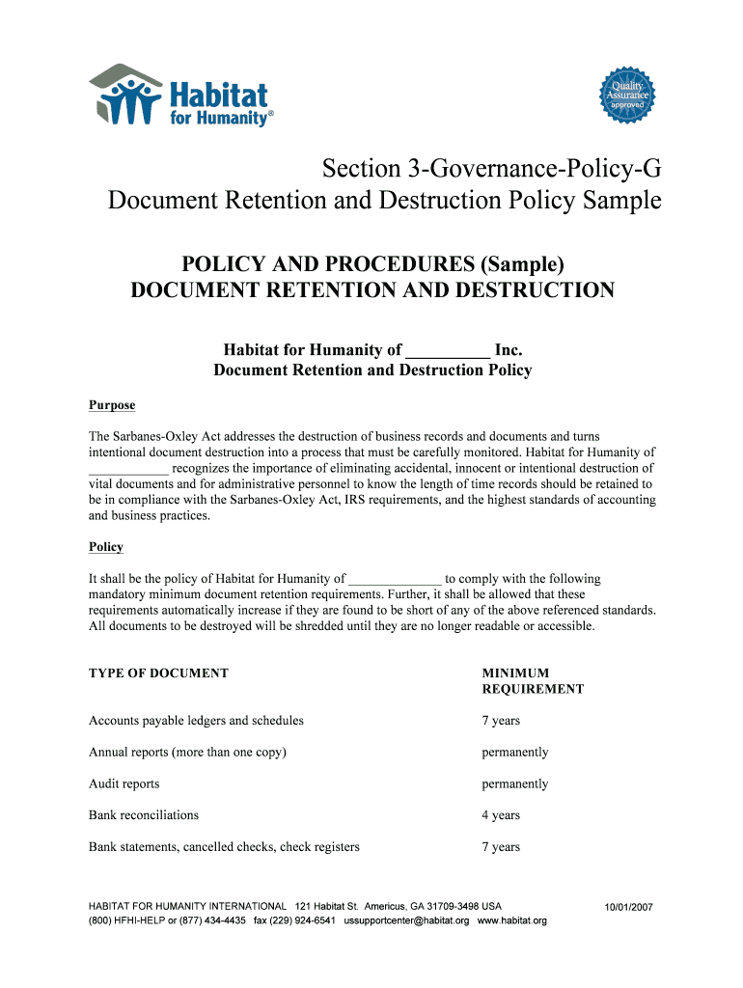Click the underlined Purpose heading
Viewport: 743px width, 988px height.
click(112, 405)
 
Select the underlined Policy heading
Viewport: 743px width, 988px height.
click(106, 547)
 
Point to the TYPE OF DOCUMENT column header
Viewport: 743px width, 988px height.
click(158, 673)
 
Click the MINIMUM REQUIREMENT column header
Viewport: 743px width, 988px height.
click(533, 681)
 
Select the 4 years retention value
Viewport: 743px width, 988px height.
click(501, 815)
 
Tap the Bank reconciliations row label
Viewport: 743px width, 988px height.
click(144, 815)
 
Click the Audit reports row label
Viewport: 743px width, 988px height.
click(124, 783)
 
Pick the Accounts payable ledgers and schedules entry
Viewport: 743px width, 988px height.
click(196, 721)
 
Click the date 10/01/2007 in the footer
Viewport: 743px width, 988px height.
click(629, 907)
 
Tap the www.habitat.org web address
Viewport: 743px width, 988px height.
click(511, 920)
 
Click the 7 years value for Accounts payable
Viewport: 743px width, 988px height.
click(501, 721)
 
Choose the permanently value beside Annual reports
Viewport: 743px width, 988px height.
click(515, 752)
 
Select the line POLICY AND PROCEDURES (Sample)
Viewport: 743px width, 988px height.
click(372, 263)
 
